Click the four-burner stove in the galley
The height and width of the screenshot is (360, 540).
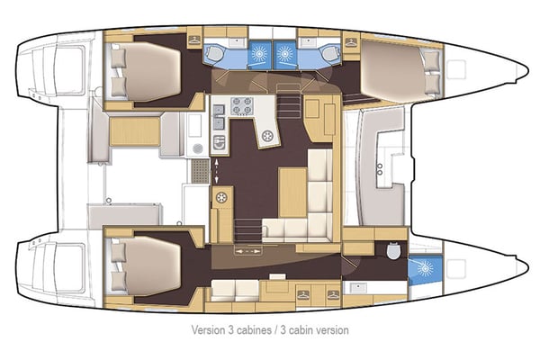click(x=240, y=106)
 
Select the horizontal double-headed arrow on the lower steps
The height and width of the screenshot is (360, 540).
click(x=245, y=252)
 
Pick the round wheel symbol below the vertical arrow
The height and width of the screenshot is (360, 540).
click(x=221, y=197)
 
